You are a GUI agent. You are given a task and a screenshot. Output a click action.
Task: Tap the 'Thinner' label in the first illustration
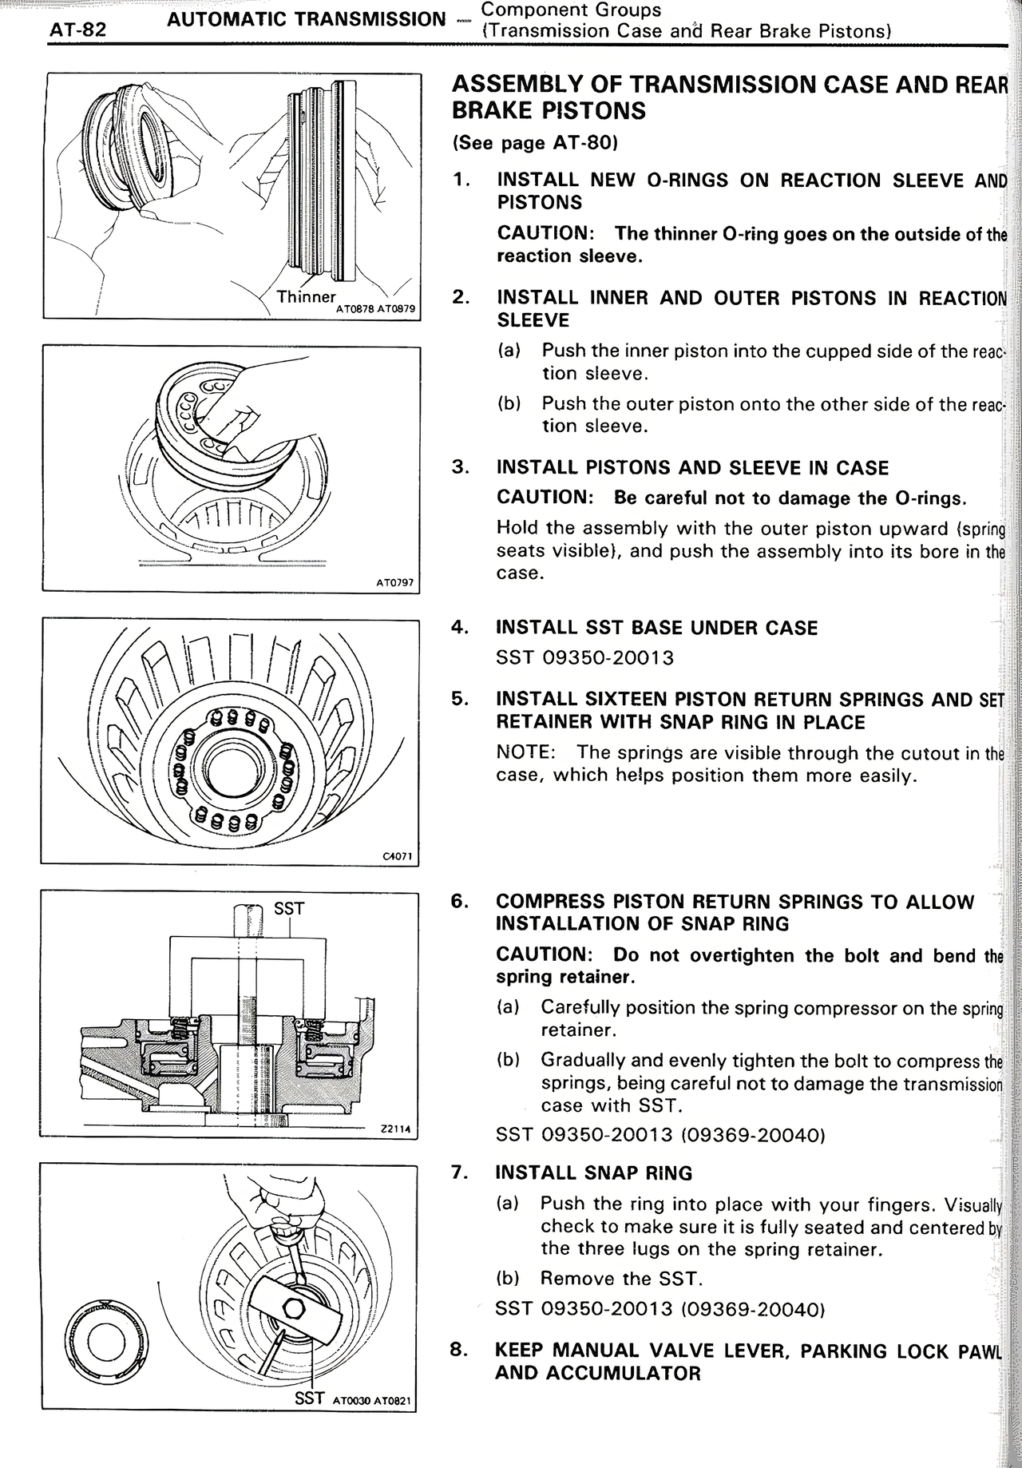point(306,297)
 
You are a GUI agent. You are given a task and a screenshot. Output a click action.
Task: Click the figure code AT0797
point(394,583)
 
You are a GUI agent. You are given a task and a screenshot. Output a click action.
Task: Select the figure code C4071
point(397,856)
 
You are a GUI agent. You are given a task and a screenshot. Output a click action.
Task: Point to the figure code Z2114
point(394,1129)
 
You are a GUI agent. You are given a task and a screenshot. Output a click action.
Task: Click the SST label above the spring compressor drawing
point(288,908)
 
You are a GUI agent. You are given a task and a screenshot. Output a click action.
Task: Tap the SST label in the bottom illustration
point(310,1398)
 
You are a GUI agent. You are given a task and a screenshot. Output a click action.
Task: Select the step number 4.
point(459,627)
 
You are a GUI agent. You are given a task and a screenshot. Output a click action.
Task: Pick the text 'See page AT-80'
point(535,143)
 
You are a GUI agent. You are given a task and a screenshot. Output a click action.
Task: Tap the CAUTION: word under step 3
point(545,498)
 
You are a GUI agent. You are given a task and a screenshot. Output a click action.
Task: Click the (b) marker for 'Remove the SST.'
point(508,1279)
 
